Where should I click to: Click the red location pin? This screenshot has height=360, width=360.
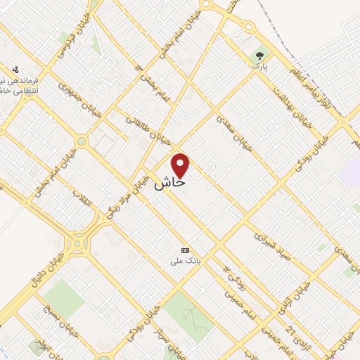181,165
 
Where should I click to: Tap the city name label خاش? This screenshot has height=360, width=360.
169,183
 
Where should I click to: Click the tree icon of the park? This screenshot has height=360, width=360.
262,55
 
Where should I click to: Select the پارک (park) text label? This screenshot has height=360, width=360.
262,67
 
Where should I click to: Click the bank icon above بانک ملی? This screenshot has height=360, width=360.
186,250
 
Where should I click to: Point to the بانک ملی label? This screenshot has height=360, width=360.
186,261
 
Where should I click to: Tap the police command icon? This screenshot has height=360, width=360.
15,70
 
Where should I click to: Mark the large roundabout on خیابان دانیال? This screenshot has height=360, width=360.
79,243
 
